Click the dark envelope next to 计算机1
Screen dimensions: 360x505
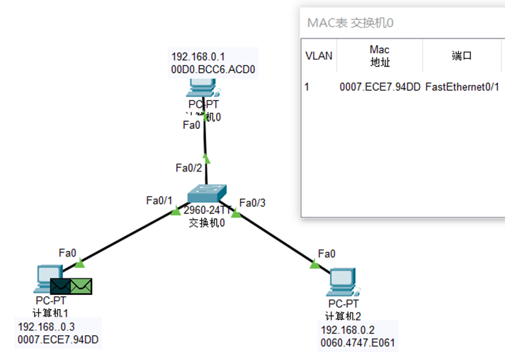60,286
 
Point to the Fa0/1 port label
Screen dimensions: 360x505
159,200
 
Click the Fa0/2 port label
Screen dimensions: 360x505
189,168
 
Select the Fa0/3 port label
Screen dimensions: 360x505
253,203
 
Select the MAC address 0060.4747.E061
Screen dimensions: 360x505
358,342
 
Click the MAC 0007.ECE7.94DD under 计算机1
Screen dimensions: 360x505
58,340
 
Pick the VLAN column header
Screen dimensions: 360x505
317,56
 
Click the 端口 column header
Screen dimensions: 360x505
462,56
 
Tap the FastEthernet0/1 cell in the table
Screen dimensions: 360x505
462,87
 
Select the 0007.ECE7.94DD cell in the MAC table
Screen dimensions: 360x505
380,87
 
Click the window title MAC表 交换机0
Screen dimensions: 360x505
351,23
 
